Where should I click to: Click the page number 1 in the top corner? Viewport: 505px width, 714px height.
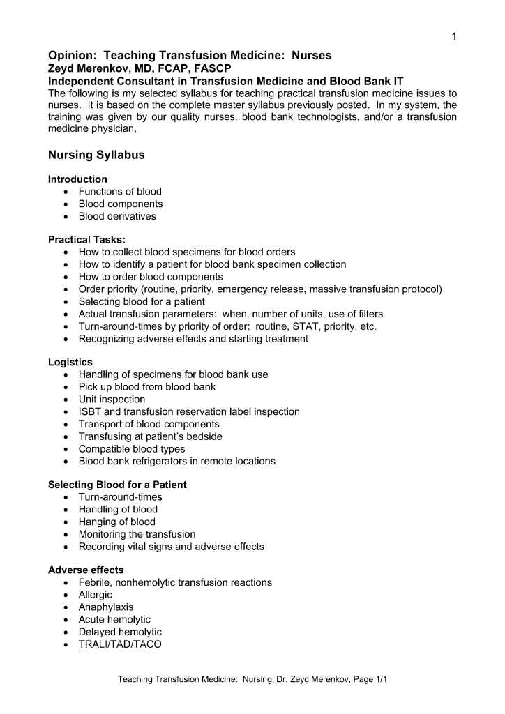tap(454, 36)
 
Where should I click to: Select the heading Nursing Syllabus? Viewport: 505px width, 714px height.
tap(96, 155)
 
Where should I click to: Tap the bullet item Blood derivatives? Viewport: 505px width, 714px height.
tap(117, 216)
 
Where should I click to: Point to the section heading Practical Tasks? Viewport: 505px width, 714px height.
tap(86, 239)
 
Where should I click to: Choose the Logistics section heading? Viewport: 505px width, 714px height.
tap(70, 362)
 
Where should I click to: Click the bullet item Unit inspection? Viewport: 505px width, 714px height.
tap(112, 400)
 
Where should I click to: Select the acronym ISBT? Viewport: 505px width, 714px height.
tap(91, 411)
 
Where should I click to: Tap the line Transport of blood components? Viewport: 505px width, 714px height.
tap(149, 424)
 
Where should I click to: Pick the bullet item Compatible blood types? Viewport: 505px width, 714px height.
tap(132, 449)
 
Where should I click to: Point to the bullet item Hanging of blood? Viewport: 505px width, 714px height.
tap(116, 522)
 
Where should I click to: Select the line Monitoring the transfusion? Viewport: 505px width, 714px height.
tap(137, 534)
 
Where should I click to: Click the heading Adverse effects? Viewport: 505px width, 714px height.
tap(86, 570)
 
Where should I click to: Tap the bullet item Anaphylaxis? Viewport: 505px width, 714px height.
tap(105, 607)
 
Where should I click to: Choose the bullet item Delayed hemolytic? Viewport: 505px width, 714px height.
tap(120, 632)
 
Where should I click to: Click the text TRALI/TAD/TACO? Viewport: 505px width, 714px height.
tap(120, 644)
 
